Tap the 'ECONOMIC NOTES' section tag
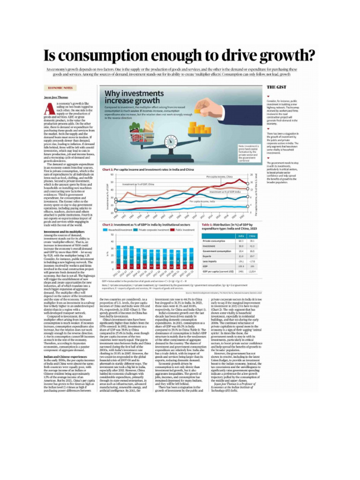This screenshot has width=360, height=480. pyautogui.click(x=60, y=88)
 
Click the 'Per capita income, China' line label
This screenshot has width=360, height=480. pyautogui.click(x=219, y=177)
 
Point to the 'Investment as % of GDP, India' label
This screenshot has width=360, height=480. pyautogui.click(x=225, y=192)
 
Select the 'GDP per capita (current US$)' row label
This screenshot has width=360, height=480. pyautogui.click(x=218, y=271)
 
